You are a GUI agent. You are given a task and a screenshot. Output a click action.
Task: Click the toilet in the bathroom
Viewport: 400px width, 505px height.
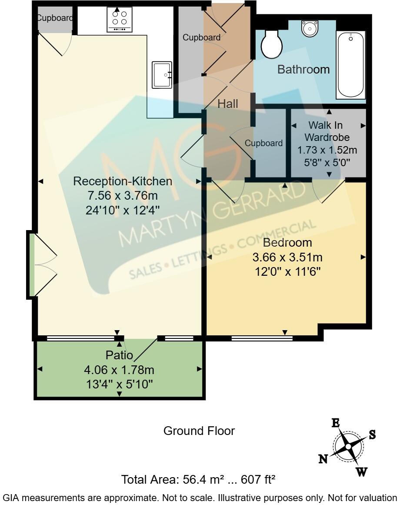point(272,44)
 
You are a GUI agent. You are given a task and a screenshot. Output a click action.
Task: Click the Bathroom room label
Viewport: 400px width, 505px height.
point(303,69)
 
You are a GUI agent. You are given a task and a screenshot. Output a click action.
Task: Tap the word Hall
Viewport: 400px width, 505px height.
point(228,104)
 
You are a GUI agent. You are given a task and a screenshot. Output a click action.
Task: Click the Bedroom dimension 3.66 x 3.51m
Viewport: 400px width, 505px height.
point(287,257)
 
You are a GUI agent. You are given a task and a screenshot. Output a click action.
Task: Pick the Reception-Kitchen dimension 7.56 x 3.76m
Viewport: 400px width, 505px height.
point(123,195)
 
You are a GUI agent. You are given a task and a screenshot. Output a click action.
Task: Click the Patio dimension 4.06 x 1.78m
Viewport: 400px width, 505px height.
point(119,370)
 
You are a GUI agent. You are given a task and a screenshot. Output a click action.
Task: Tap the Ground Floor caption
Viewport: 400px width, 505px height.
point(199,431)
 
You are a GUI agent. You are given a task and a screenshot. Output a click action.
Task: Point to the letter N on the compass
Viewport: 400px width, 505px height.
point(323,459)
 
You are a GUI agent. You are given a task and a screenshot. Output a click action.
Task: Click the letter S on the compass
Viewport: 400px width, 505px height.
point(372,435)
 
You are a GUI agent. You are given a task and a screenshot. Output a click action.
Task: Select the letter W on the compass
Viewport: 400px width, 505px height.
point(361,472)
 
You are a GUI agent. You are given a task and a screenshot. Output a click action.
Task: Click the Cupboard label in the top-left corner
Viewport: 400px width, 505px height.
point(54,18)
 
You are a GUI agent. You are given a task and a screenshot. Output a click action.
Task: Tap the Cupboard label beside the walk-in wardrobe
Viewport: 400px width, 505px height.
point(263,143)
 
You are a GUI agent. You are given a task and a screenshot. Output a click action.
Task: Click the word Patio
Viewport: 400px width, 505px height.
point(119,355)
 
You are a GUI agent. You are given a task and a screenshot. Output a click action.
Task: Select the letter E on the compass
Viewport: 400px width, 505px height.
point(336,423)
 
